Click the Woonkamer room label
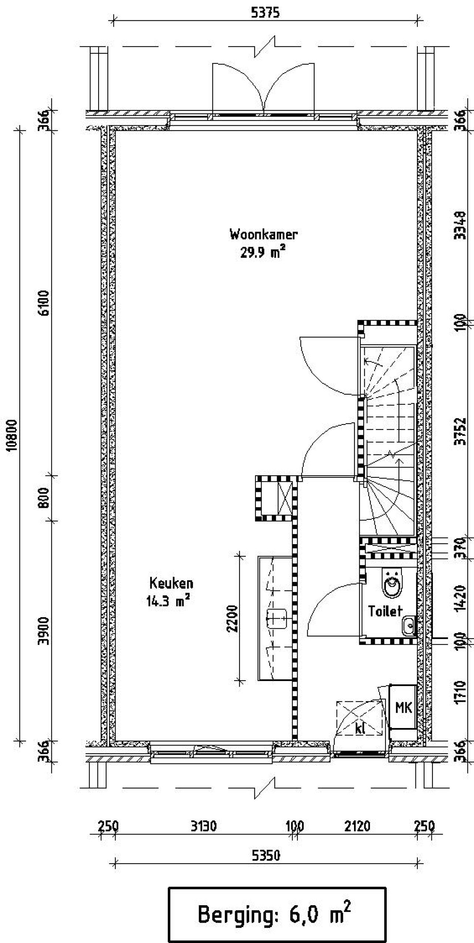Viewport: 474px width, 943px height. [264, 235]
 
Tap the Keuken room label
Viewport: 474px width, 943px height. [171, 583]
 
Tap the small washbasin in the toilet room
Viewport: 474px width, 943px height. [409, 626]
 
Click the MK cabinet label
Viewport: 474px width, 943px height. [403, 708]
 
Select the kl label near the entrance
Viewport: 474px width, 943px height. [360, 728]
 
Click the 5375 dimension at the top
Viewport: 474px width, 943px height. [265, 13]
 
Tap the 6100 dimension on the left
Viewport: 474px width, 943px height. [44, 303]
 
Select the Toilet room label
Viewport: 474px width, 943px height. [385, 611]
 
